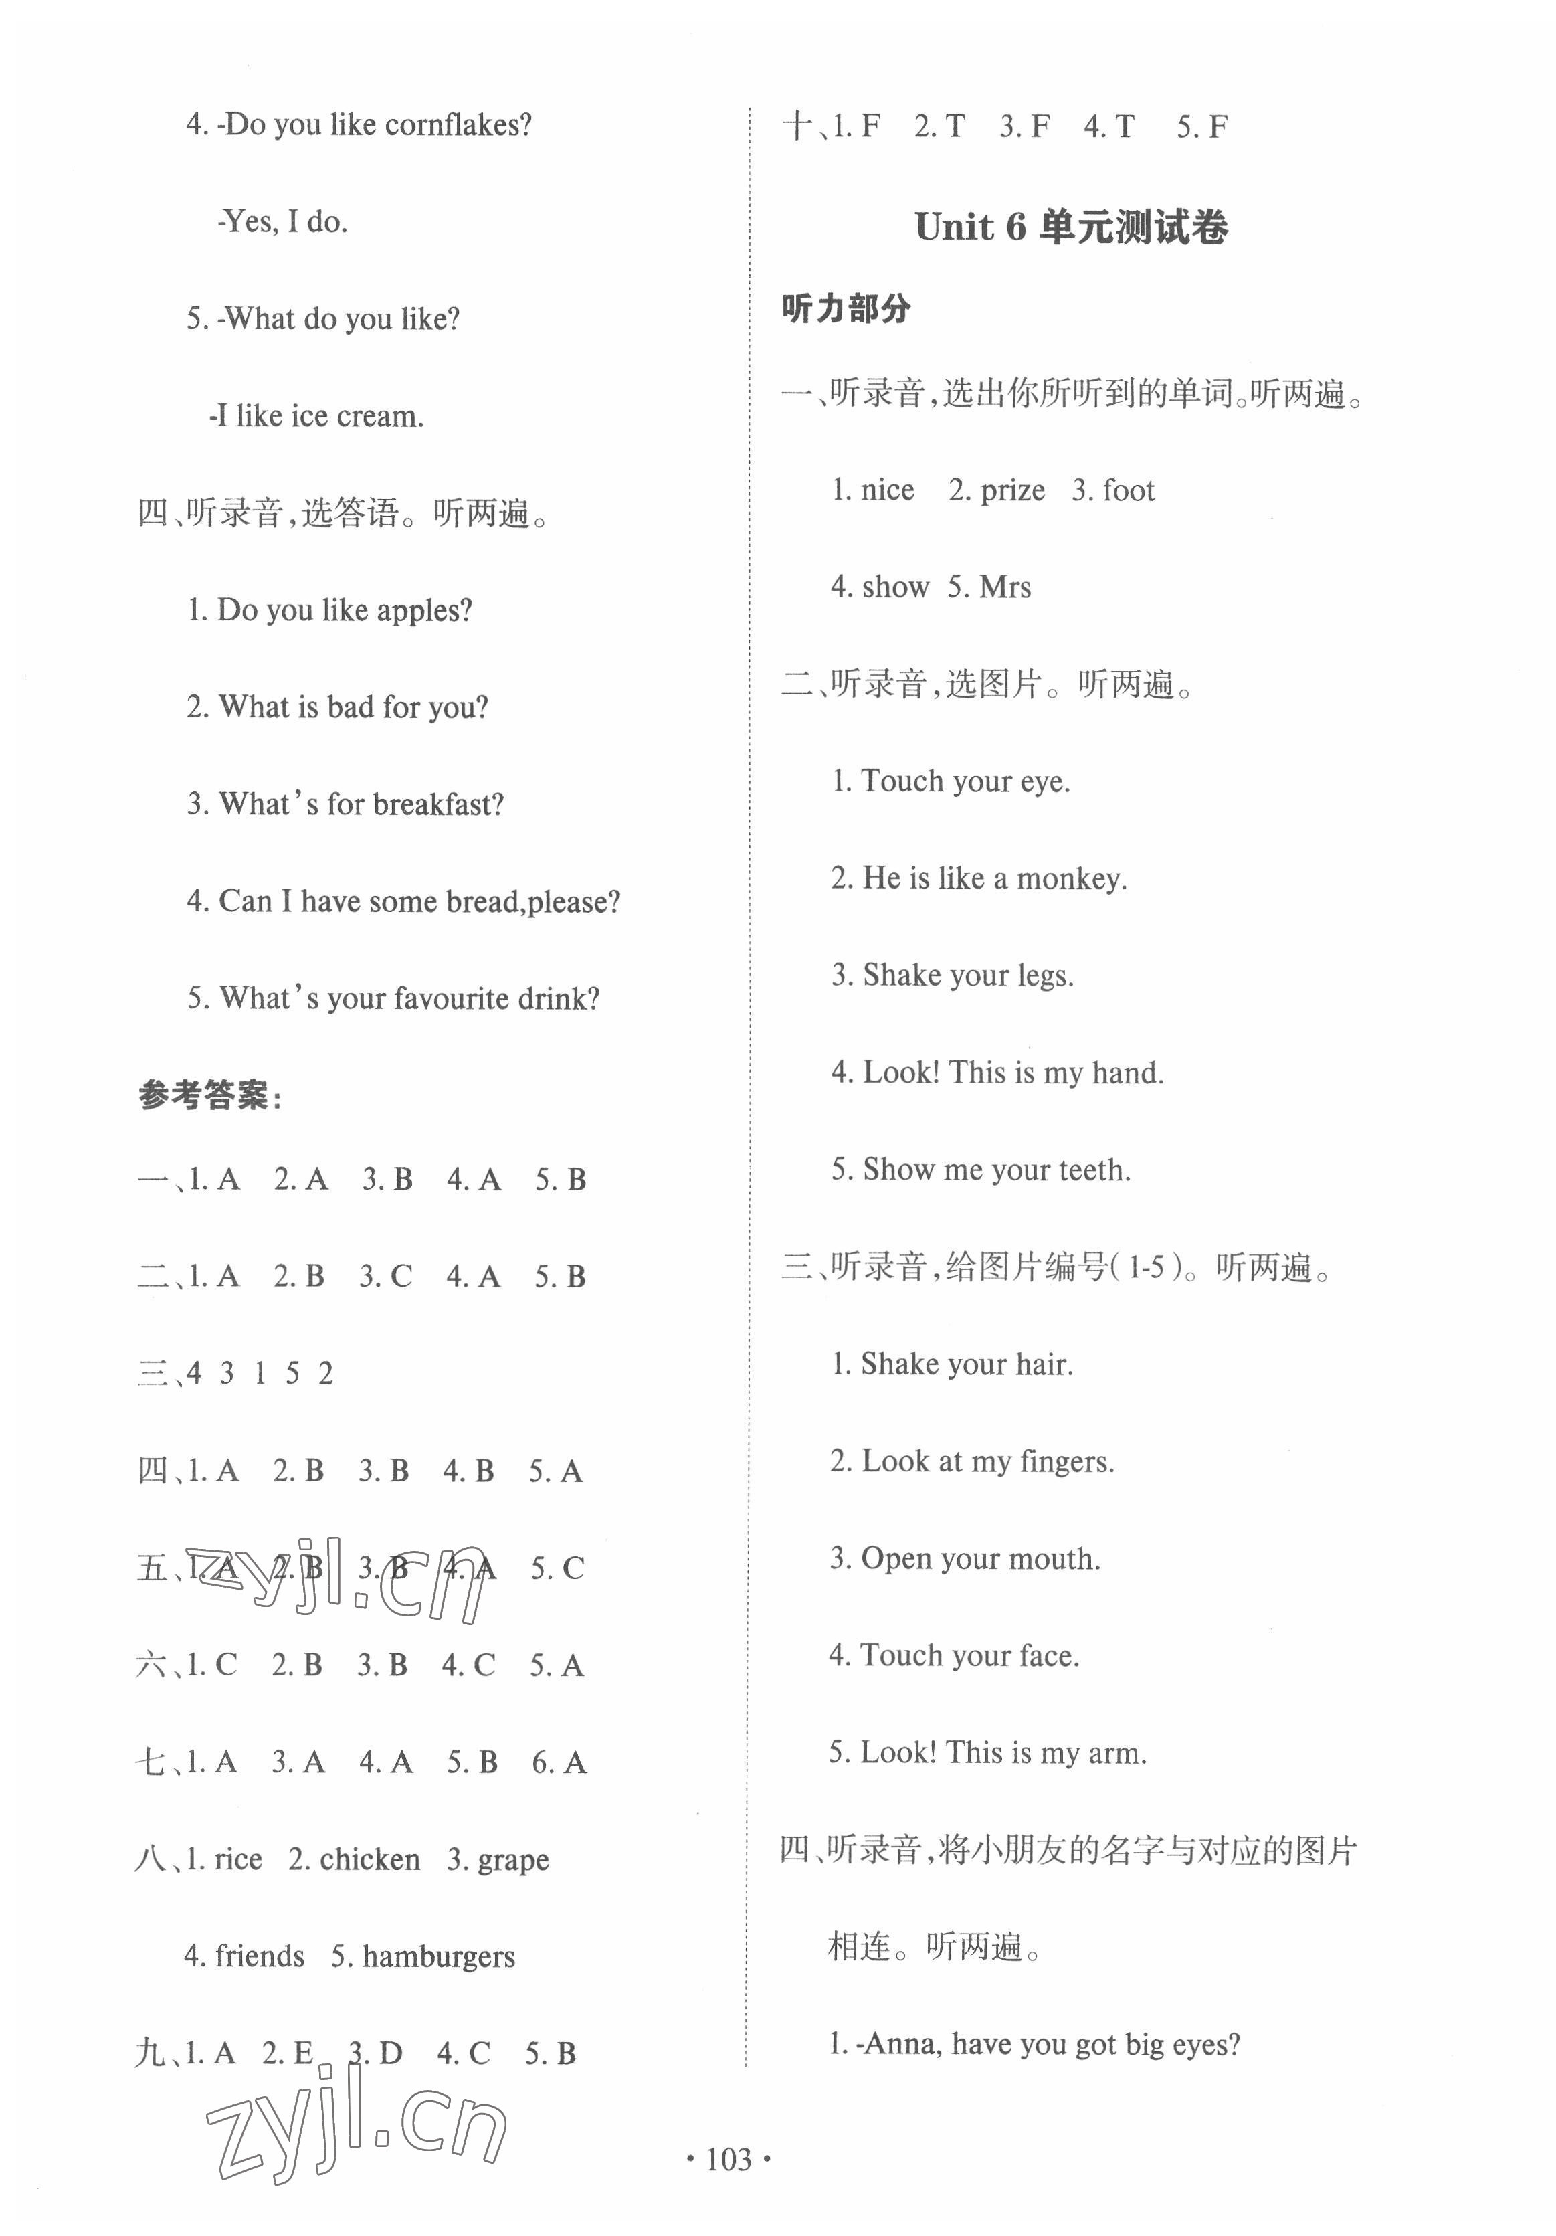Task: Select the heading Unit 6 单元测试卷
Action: click(x=1071, y=228)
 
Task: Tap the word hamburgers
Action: click(x=438, y=1956)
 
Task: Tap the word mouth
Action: click(x=1056, y=1559)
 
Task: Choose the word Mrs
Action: click(x=1005, y=588)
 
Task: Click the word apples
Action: click(x=423, y=612)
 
